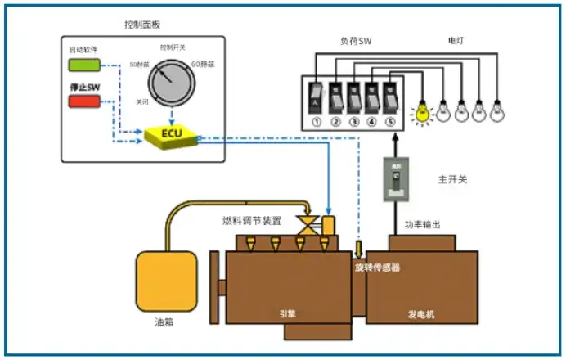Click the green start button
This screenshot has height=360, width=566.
pyautogui.click(x=83, y=65)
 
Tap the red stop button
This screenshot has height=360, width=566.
pyautogui.click(x=83, y=101)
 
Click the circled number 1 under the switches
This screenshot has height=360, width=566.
pyautogui.click(x=316, y=123)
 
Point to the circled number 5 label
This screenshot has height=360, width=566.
pyautogui.click(x=391, y=123)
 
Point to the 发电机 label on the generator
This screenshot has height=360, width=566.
pyautogui.click(x=422, y=314)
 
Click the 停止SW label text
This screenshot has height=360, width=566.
pyautogui.click(x=83, y=86)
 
